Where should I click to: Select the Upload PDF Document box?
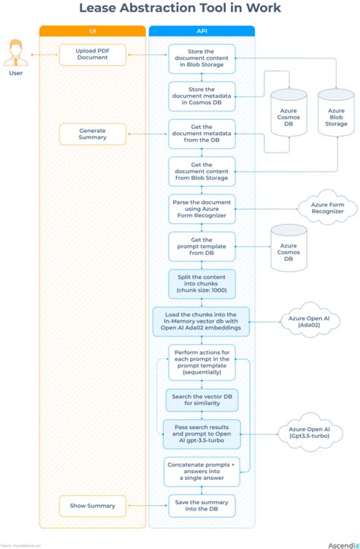click(92, 55)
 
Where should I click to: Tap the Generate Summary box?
click(92, 134)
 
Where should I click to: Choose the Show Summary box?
click(92, 506)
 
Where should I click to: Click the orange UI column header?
click(92, 31)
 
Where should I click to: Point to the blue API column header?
click(201, 31)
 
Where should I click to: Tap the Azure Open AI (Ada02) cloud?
click(308, 321)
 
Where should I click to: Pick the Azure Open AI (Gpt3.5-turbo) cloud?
click(308, 434)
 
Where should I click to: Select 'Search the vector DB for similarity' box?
click(201, 399)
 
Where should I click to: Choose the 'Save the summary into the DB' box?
click(201, 506)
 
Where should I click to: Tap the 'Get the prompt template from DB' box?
click(201, 246)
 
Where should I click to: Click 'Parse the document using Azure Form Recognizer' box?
click(201, 208)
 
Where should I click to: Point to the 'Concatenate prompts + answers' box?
click(201, 471)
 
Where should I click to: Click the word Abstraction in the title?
click(170, 9)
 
